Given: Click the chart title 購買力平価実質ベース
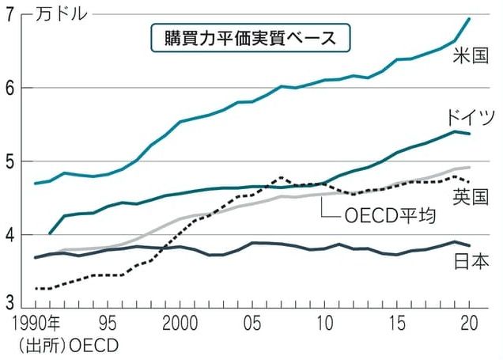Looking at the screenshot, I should pyautogui.click(x=250, y=36).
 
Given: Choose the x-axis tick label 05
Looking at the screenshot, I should pyautogui.click(x=251, y=324).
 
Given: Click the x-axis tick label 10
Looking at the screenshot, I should pyautogui.click(x=323, y=324).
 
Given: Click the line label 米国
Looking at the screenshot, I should pyautogui.click(x=473, y=55).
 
